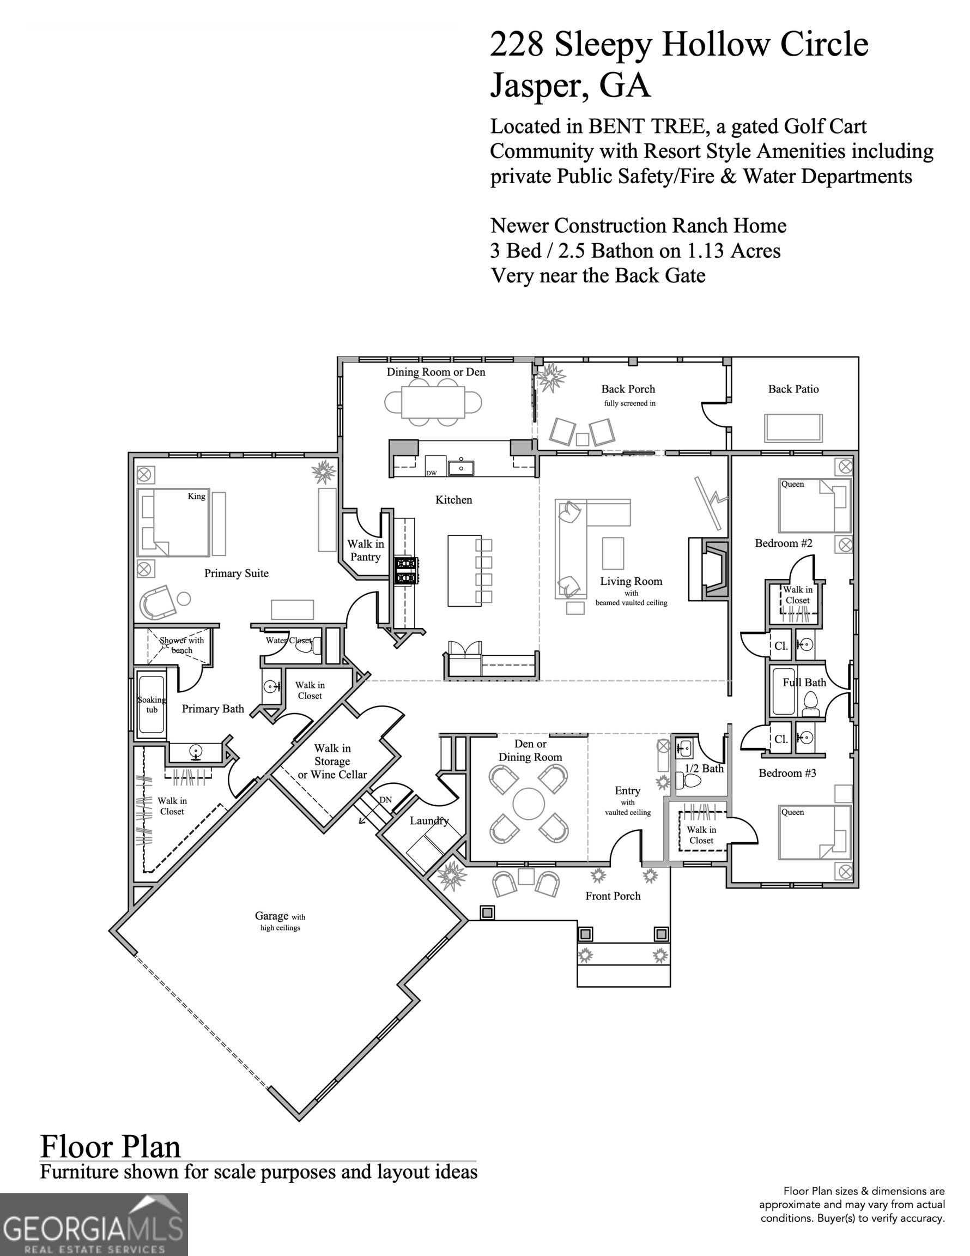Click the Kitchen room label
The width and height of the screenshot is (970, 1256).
click(x=453, y=500)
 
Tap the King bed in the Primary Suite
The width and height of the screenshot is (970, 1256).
click(x=173, y=522)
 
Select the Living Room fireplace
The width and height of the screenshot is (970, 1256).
click(x=710, y=569)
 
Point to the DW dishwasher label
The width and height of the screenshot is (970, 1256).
click(x=431, y=473)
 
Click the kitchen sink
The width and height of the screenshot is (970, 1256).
click(x=460, y=467)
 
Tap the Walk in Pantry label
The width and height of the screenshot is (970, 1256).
click(x=366, y=551)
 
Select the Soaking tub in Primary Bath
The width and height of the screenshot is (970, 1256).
click(x=152, y=704)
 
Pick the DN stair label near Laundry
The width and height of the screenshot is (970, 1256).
click(x=385, y=800)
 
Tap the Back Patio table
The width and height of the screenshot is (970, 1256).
click(x=793, y=428)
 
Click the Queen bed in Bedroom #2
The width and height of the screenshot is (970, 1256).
click(x=814, y=505)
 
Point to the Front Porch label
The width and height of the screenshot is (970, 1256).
click(x=613, y=896)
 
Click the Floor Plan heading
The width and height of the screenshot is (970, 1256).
click(x=111, y=1146)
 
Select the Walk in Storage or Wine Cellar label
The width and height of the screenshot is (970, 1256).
click(x=332, y=762)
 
